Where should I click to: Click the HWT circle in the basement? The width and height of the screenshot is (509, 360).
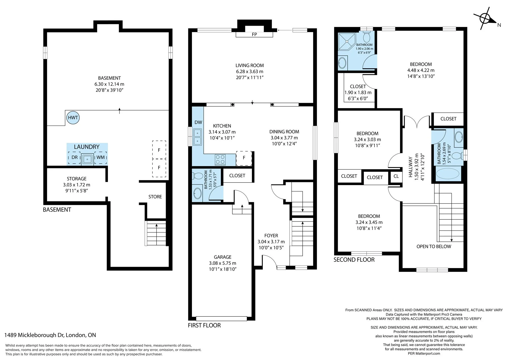point(73,118)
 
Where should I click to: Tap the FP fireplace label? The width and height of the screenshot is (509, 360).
point(254,34)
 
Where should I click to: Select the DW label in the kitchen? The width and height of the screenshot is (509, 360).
point(198,122)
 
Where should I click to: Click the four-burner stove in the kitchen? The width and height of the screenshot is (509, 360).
point(220,160)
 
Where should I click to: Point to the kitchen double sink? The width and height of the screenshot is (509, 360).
point(197,137)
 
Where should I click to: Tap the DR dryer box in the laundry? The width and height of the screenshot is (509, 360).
point(74,157)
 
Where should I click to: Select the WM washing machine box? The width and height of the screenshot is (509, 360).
point(101,157)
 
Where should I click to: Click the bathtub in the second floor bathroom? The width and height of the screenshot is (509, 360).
point(448,174)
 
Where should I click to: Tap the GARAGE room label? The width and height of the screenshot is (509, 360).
point(223,257)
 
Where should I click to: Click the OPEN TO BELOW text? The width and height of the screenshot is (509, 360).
point(434,246)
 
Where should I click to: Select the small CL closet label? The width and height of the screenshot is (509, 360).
point(396,176)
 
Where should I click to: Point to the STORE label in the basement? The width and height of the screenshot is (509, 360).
point(155,197)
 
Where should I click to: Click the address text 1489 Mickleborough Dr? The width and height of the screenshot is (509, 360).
point(34,335)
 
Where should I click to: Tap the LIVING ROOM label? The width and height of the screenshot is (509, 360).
point(250,65)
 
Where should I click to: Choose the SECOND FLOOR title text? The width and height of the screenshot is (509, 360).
point(354,260)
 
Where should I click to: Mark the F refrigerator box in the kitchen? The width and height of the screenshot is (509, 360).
point(244,158)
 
